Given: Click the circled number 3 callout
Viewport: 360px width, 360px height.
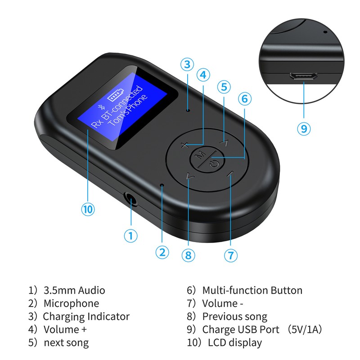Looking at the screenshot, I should pyautogui.click(x=188, y=64).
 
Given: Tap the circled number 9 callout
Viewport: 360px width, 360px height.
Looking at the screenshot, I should pyautogui.click(x=304, y=128).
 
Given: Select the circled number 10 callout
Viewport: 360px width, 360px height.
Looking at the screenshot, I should pyautogui.click(x=88, y=209).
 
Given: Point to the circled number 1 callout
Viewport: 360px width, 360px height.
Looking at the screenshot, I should pyautogui.click(x=130, y=235).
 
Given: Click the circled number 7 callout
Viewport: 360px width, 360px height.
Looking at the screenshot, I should pyautogui.click(x=230, y=256).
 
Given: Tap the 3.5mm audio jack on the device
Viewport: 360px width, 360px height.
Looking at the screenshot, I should pyautogui.click(x=130, y=198).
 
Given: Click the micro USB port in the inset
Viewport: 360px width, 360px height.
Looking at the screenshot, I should pyautogui.click(x=304, y=76).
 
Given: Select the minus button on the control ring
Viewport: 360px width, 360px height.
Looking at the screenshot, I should pyautogui.click(x=231, y=174).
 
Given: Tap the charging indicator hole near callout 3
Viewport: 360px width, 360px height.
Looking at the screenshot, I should pyautogui.click(x=188, y=109).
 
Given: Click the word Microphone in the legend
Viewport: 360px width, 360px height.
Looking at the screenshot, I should pyautogui.click(x=71, y=303).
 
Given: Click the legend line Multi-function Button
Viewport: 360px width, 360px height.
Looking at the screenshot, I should pyautogui.click(x=252, y=290).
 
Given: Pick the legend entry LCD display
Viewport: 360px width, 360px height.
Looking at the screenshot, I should pyautogui.click(x=235, y=342).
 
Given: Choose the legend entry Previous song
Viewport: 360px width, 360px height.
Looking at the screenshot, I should pyautogui.click(x=234, y=316).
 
